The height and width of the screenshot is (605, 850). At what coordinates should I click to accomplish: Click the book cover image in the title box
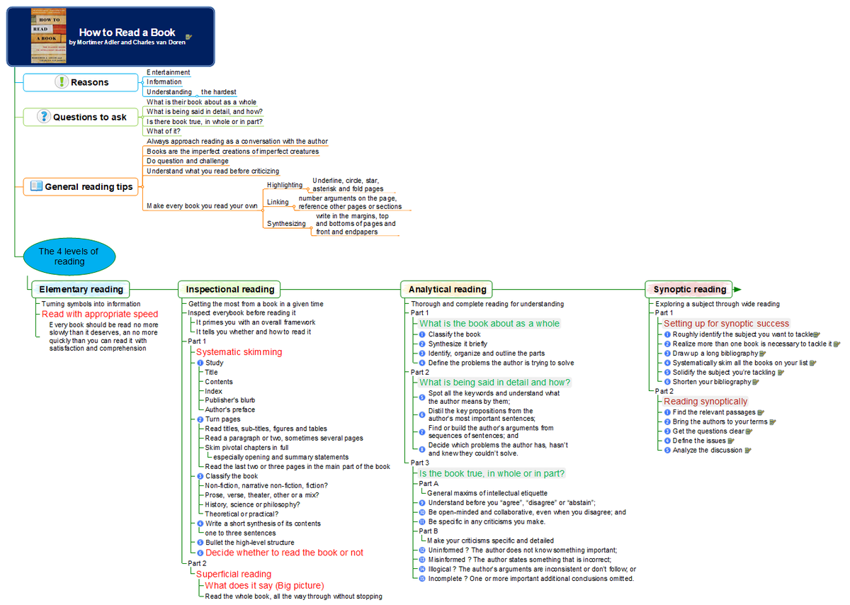[49, 35]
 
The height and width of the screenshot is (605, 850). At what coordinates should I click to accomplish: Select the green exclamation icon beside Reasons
[62, 81]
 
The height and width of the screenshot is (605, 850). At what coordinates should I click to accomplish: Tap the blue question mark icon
[44, 116]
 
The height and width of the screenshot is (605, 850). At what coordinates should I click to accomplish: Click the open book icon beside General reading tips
[36, 186]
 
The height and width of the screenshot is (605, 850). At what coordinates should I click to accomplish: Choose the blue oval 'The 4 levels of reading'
[69, 257]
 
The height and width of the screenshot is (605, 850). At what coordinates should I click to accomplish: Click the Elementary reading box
[81, 290]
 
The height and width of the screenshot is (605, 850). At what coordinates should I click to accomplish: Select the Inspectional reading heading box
[229, 290]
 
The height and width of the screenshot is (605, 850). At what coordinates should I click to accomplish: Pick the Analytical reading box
[447, 290]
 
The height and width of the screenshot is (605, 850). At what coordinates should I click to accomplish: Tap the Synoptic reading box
[688, 290]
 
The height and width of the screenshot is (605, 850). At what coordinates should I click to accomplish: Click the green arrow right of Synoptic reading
[737, 290]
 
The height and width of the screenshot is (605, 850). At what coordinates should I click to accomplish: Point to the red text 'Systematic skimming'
[239, 352]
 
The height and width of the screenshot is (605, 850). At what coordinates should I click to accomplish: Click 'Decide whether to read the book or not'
[284, 553]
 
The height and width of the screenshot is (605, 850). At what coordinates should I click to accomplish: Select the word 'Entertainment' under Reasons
[168, 72]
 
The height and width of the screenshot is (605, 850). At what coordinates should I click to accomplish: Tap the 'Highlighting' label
[285, 185]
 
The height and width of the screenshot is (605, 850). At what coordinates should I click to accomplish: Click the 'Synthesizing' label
[286, 224]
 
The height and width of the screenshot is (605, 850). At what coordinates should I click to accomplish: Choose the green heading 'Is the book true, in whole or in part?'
[492, 474]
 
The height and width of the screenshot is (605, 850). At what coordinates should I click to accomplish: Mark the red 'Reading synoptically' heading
[705, 402]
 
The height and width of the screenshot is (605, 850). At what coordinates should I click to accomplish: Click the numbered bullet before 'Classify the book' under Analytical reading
[422, 334]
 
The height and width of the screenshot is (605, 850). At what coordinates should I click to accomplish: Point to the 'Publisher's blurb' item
[230, 400]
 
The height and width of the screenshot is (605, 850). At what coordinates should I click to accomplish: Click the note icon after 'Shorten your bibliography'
[756, 383]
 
